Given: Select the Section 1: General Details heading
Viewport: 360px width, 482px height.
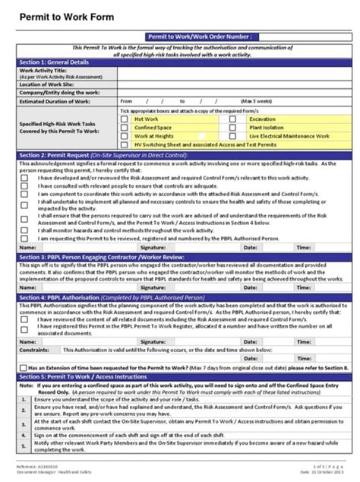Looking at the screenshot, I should pyautogui.click(x=54, y=62).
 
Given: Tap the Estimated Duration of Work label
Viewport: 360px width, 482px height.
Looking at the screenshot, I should pyautogui.click(x=57, y=100).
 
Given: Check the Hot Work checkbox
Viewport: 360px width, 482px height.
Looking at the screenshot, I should pyautogui.click(x=125, y=119).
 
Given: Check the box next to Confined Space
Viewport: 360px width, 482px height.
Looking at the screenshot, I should pyautogui.click(x=125, y=128).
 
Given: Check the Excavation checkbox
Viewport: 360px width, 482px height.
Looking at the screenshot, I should pyautogui.click(x=233, y=119).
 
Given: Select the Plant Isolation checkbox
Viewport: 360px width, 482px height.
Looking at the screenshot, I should pyautogui.click(x=233, y=128).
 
